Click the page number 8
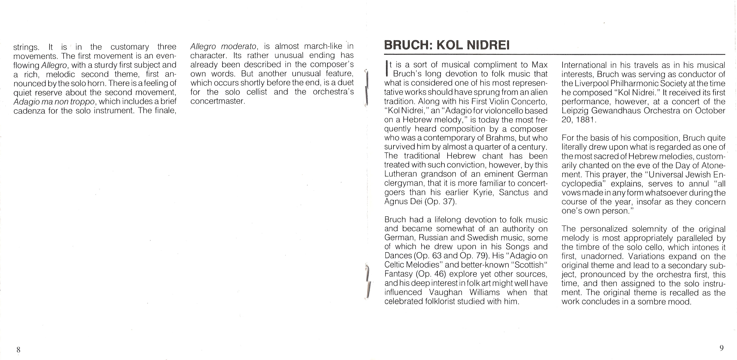tap(18, 349)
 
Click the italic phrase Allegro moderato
tap(223, 46)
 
